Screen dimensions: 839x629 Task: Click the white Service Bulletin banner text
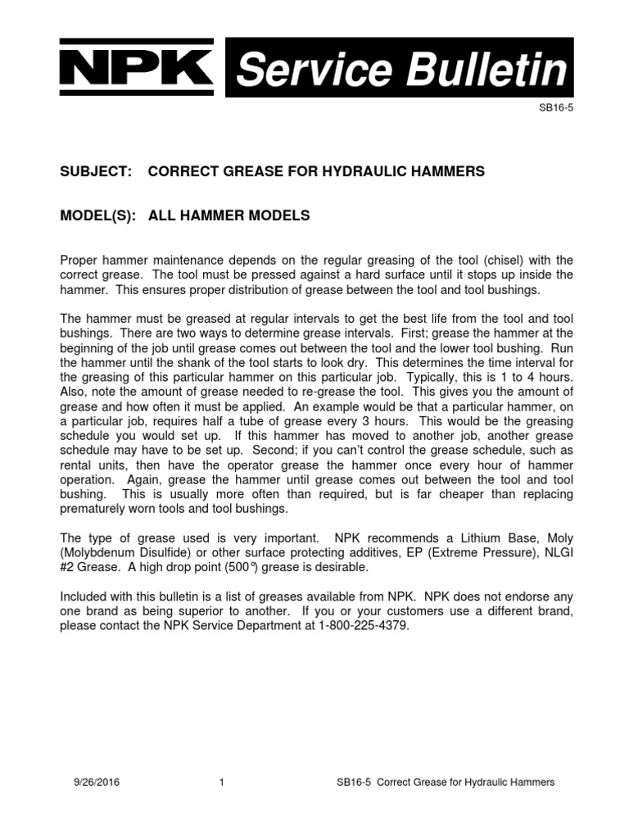(401, 70)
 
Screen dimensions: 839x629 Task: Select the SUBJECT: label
(97, 171)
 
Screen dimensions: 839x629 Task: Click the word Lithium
(457, 539)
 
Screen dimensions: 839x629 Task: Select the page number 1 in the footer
(222, 782)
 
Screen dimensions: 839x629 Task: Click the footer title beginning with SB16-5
(446, 782)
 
